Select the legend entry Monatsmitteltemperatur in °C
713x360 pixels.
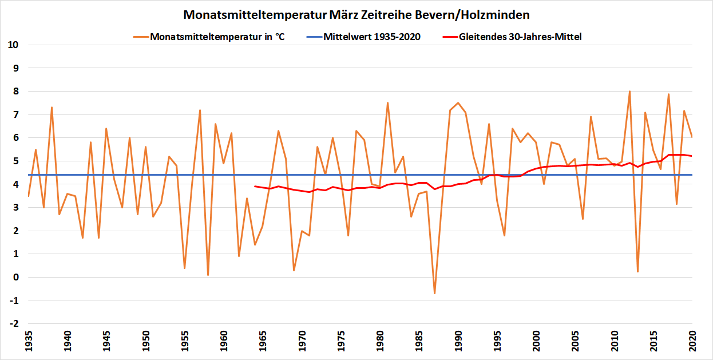[217, 37]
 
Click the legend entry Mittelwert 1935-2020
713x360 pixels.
[372, 37]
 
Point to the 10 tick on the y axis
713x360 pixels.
[13, 45]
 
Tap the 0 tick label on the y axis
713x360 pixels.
[15, 278]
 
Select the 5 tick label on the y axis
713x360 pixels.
[15, 161]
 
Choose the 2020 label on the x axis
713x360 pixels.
[692, 342]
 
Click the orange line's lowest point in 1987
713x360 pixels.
[434, 294]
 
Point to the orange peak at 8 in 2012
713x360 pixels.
[629, 91]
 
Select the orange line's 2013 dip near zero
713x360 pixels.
[637, 272]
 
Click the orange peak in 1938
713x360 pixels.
[52, 107]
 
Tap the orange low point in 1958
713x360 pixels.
[208, 275]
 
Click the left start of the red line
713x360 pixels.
[255, 186]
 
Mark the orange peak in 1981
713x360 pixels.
[387, 103]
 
